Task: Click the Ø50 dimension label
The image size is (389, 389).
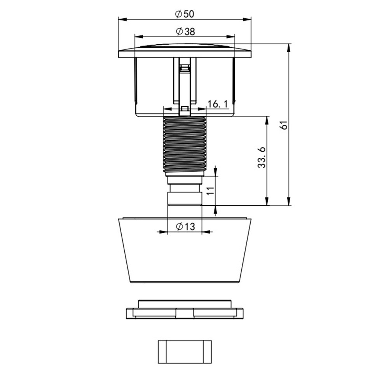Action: pos(185,14)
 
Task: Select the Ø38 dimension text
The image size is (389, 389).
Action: pos(185,31)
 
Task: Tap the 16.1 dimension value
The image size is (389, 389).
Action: pos(218,104)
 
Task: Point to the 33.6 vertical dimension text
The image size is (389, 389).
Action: pos(262,157)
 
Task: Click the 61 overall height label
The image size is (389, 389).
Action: pos(284,125)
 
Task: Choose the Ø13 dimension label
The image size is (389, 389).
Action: pos(185,226)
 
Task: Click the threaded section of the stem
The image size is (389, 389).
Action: pos(185,145)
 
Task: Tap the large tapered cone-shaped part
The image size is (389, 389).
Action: pos(185,250)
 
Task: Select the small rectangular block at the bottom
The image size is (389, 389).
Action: pos(185,352)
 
